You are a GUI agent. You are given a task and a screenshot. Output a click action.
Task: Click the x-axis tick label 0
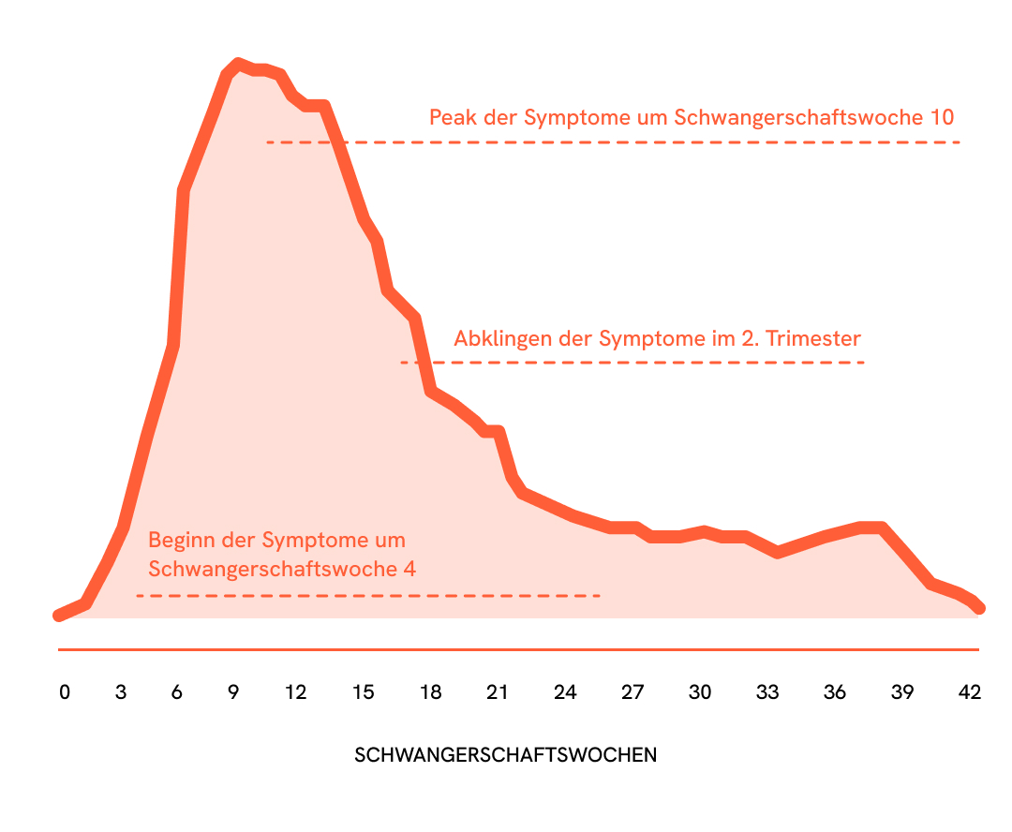[64, 692]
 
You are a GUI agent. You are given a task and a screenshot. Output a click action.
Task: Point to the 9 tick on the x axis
[233, 692]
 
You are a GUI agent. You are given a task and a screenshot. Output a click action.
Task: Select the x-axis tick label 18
[430, 692]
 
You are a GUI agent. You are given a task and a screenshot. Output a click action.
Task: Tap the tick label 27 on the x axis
[632, 692]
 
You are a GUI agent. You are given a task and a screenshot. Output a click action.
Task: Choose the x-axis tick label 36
[835, 692]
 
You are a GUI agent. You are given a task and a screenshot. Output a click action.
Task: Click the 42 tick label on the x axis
[970, 692]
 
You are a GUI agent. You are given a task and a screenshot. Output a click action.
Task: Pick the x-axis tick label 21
[498, 692]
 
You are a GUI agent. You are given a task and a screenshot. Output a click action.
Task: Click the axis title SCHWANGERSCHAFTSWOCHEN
[506, 755]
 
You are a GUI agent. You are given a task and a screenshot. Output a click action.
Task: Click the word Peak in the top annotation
[451, 118]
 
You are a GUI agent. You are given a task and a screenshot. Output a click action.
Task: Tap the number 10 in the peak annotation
[942, 118]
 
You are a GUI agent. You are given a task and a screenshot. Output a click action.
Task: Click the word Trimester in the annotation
[812, 338]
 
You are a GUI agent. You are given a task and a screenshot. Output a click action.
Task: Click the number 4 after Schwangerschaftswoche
[409, 569]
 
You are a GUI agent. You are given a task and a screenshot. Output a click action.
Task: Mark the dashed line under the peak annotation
[613, 142]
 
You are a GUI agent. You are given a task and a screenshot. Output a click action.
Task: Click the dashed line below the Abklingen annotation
[632, 363]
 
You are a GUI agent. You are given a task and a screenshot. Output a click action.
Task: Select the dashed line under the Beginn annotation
[367, 596]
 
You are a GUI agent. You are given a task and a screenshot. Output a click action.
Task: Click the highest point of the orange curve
[238, 64]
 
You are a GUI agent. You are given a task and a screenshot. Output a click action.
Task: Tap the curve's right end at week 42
[979, 608]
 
